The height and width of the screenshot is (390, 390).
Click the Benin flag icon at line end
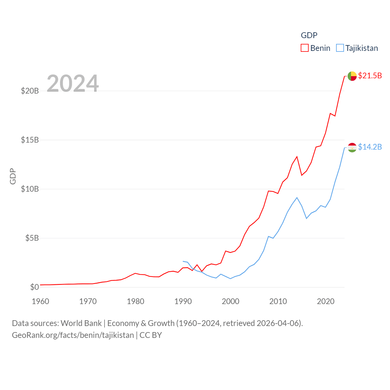pos(352,76)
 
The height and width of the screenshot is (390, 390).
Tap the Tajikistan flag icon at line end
pos(352,147)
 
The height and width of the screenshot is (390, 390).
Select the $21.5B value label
pos(370,76)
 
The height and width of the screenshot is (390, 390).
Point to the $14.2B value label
pos(370,147)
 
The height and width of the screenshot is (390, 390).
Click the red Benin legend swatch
pos(304,48)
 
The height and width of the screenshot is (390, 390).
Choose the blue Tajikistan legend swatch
pos(340,48)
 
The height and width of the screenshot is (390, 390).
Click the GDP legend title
pos(309,35)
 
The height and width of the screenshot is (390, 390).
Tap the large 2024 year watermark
pos(73,83)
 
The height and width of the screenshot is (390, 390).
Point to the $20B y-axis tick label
pos(30,91)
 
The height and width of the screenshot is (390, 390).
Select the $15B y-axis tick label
pos(30,140)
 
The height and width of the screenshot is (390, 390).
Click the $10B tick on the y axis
pos(30,189)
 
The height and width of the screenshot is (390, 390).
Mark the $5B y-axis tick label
pos(32,238)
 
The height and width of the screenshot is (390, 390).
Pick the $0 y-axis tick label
pos(34,287)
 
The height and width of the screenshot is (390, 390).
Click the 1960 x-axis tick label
pos(41,301)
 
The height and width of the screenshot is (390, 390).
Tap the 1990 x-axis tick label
pos(183,301)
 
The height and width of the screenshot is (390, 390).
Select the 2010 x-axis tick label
pos(278,301)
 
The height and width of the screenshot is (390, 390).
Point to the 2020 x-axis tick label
pos(326,301)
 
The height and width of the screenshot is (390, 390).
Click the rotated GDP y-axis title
pos(13,176)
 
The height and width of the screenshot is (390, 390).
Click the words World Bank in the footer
pos(81,323)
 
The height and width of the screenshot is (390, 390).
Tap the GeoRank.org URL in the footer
pos(73,335)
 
